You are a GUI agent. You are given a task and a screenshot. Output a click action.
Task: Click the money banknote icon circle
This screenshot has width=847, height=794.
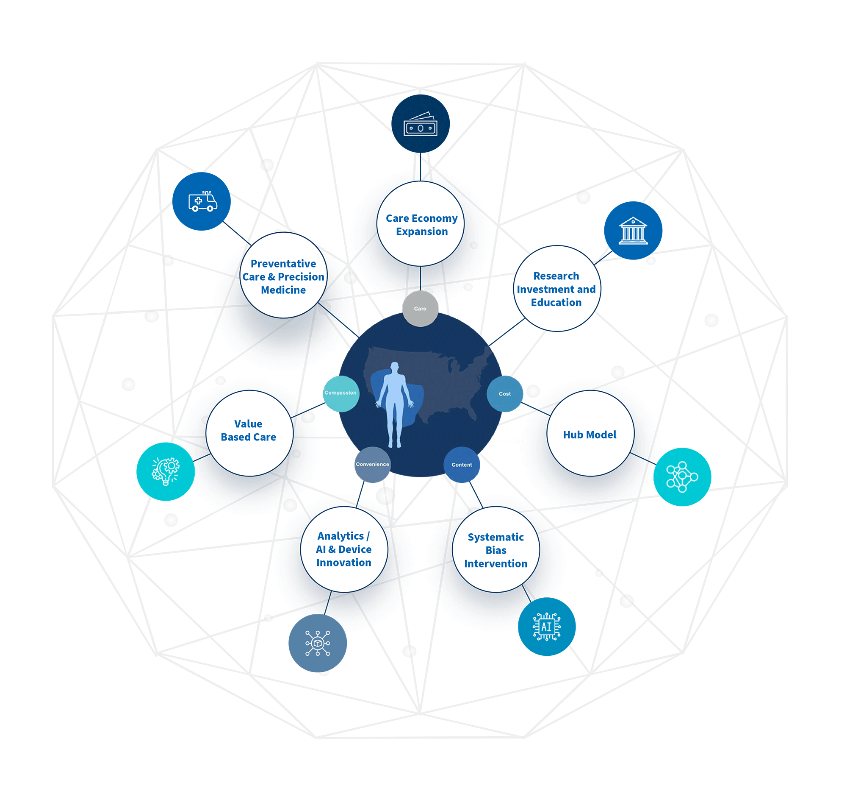click(x=420, y=124)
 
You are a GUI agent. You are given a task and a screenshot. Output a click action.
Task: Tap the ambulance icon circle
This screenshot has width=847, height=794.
click(x=201, y=201)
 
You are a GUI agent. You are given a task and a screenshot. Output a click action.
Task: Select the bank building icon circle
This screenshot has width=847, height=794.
click(x=633, y=230)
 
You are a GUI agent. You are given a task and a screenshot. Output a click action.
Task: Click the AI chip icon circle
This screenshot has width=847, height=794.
click(x=547, y=627)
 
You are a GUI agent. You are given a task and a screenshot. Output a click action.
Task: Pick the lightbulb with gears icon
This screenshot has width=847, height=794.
click(x=165, y=471)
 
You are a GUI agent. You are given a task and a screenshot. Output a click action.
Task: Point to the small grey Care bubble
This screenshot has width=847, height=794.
click(x=420, y=308)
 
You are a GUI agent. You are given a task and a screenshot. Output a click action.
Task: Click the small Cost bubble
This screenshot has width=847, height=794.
click(x=504, y=393)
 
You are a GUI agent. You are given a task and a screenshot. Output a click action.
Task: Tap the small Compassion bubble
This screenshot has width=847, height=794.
click(x=340, y=393)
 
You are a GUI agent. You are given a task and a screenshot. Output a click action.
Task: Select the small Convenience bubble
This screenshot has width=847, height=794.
click(x=372, y=464)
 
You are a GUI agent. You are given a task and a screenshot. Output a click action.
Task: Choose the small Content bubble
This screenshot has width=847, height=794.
click(x=462, y=464)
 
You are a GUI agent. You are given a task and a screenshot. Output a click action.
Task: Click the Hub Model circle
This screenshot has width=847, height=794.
click(x=590, y=433)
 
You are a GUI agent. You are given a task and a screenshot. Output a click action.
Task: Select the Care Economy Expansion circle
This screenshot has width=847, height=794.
click(x=420, y=224)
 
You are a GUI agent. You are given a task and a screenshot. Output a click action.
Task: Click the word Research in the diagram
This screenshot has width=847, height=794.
click(x=556, y=276)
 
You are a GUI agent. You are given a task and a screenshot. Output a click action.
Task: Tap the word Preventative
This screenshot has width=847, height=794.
click(x=283, y=264)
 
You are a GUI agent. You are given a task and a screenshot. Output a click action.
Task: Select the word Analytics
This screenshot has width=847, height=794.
click(x=340, y=535)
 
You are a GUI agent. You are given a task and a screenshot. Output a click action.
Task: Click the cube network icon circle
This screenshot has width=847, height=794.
click(x=317, y=643)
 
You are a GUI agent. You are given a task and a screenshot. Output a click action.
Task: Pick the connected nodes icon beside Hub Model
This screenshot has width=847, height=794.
click(x=682, y=476)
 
